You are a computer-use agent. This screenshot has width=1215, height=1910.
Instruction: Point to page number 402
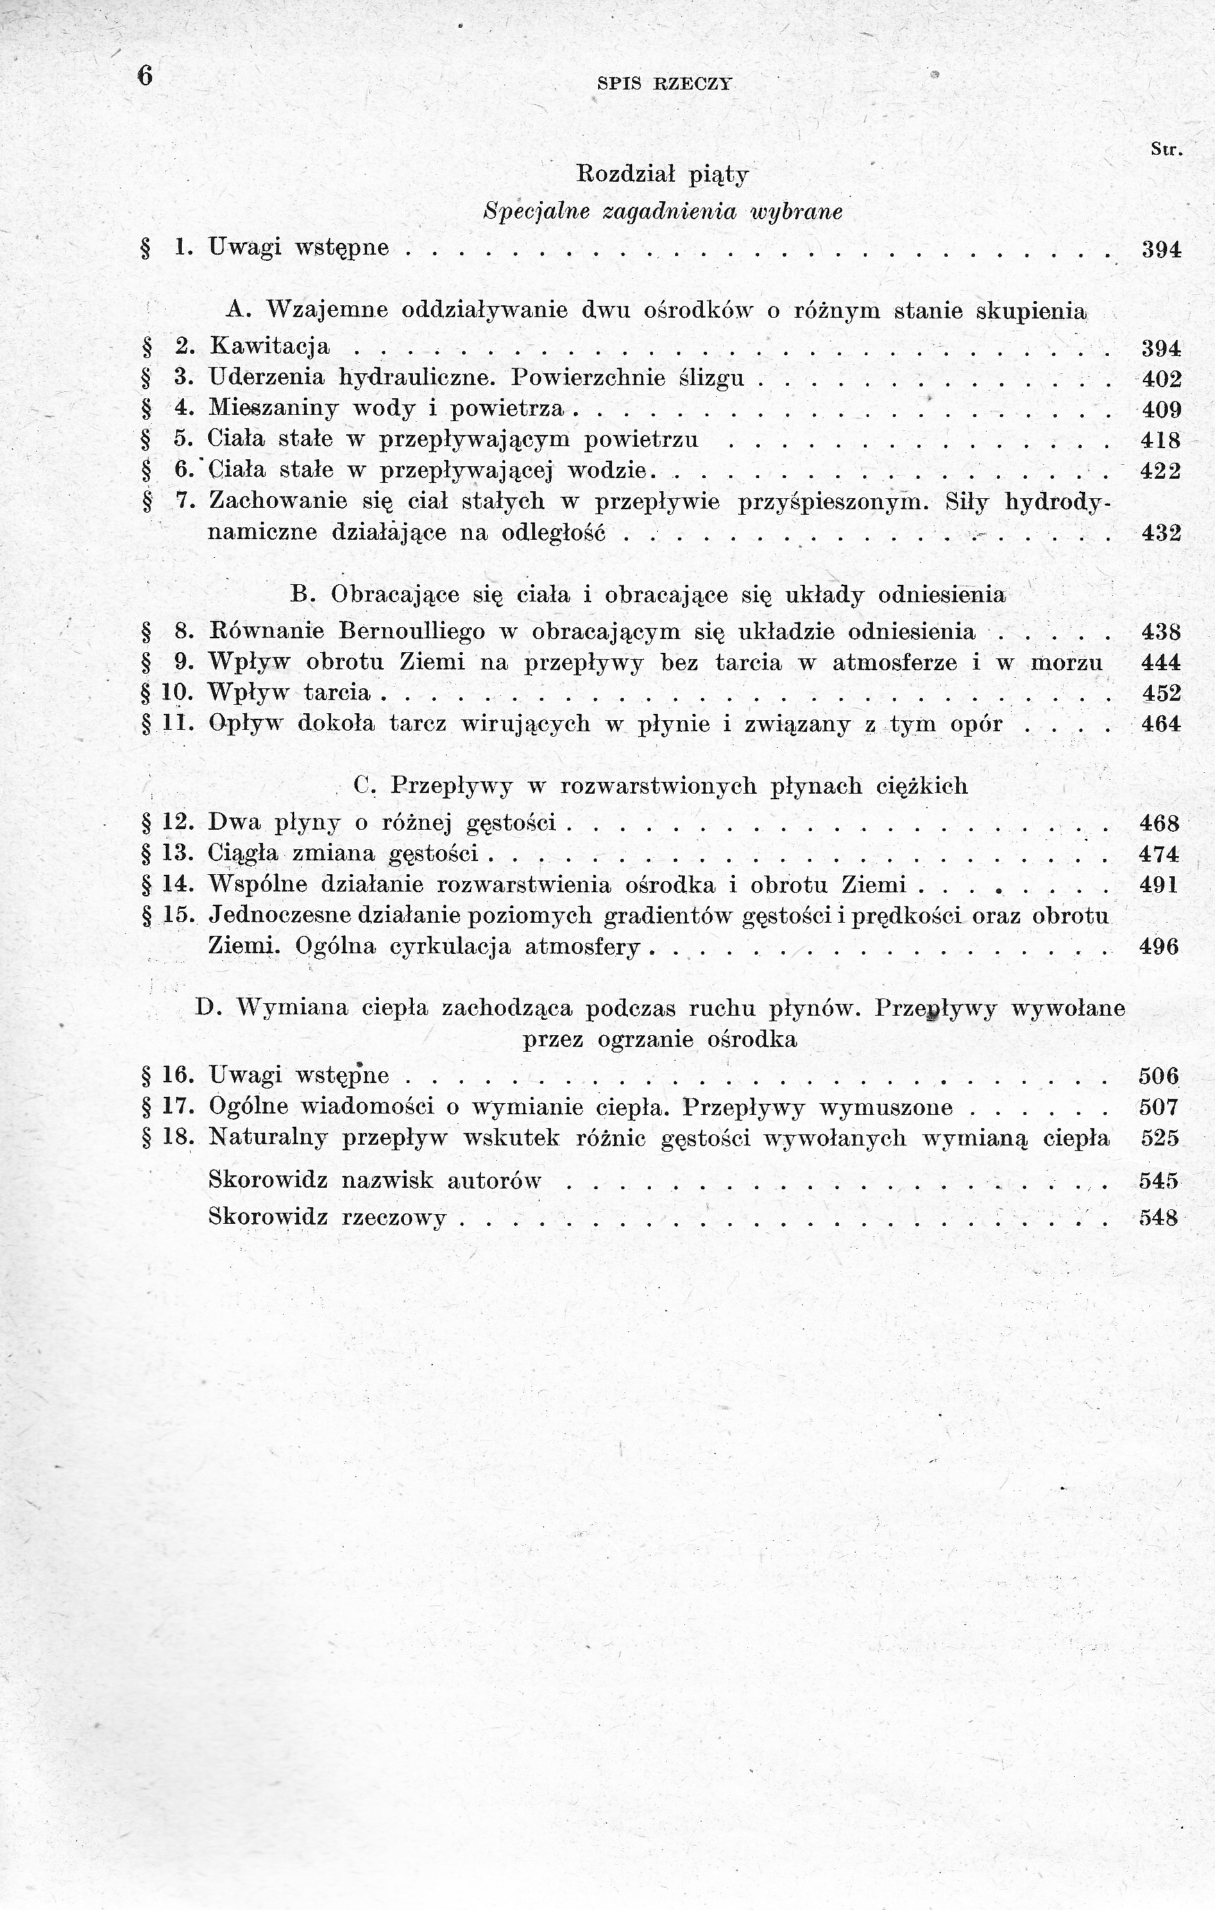1161,378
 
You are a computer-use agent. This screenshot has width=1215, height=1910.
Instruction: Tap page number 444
1161,663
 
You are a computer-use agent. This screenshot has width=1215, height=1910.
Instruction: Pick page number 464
1161,724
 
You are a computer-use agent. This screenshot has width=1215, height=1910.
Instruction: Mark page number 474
1159,853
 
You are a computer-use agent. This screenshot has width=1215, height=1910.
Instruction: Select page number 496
1159,946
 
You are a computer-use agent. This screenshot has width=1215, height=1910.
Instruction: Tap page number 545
1159,1180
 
